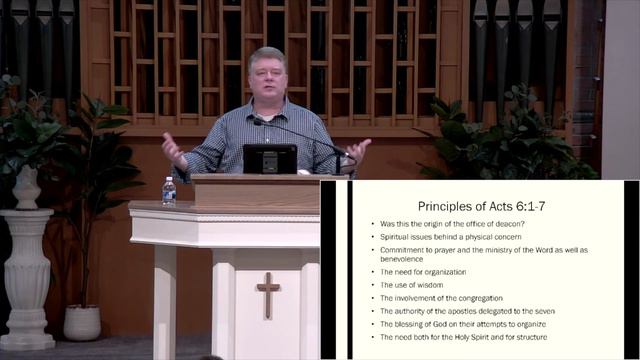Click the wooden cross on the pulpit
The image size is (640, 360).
coord(268,294)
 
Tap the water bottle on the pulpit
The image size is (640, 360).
coord(169,192)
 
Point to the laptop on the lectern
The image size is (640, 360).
coord(269,159)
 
